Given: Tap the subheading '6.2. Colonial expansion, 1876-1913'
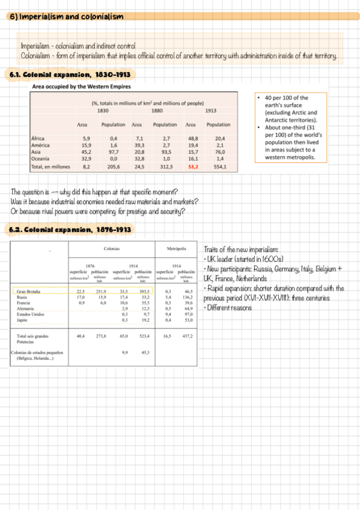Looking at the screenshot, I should (69, 230).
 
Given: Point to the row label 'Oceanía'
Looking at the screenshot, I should (40, 158).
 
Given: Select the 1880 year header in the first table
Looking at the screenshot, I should (157, 110).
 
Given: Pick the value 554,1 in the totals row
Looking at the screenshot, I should (219, 166).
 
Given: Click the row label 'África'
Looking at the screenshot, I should (37, 138).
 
